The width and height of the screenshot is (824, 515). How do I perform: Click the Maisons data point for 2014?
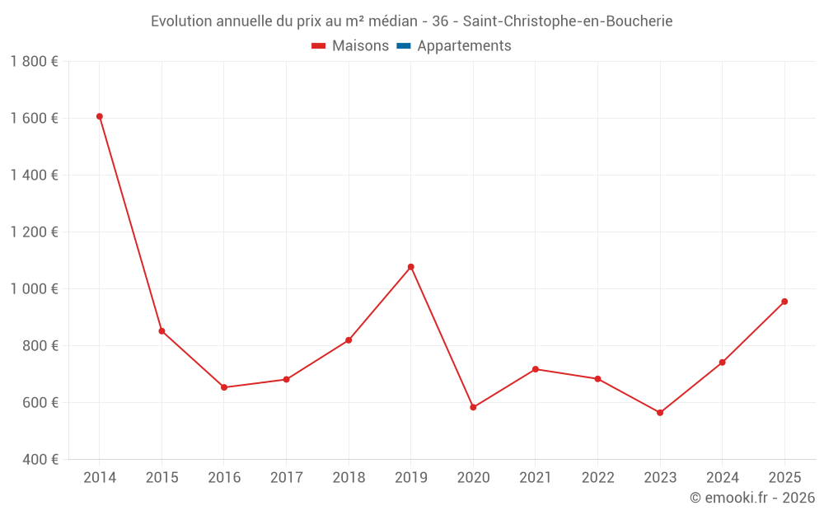(x=100, y=116)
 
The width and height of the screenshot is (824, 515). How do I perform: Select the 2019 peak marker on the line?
(x=411, y=267)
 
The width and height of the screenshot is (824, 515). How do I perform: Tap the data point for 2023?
(x=660, y=413)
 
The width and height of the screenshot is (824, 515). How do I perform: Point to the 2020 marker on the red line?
(x=473, y=407)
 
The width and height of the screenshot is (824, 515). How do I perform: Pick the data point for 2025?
(x=784, y=302)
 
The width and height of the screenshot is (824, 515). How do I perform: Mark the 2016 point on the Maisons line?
(x=224, y=387)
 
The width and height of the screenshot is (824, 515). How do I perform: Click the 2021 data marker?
(x=536, y=369)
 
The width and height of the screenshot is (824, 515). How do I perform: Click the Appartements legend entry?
(x=464, y=46)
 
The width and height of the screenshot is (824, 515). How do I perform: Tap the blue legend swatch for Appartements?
(x=404, y=46)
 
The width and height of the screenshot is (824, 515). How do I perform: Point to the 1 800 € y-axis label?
(x=35, y=62)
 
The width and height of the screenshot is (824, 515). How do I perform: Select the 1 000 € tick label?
(x=35, y=289)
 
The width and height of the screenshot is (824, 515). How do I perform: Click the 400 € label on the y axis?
(x=39, y=460)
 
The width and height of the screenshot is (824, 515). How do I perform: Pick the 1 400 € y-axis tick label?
(x=35, y=176)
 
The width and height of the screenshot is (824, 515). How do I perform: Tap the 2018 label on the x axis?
(x=349, y=478)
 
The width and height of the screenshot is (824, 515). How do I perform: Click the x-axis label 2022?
(x=597, y=478)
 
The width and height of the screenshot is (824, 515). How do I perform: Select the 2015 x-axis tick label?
(x=162, y=478)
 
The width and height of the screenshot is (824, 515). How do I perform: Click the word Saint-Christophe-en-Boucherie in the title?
(x=568, y=21)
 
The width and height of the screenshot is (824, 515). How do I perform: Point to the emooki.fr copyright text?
(x=752, y=498)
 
